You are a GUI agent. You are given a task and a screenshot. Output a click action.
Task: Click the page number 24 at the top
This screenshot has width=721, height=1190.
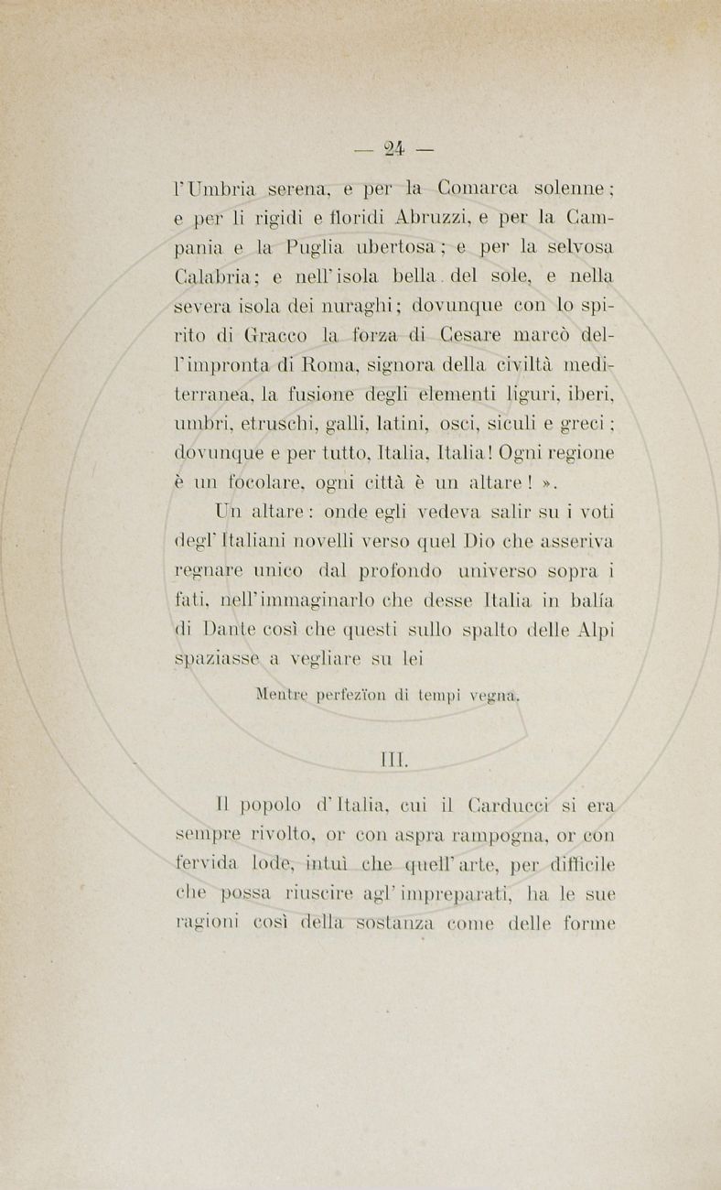click(396, 147)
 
